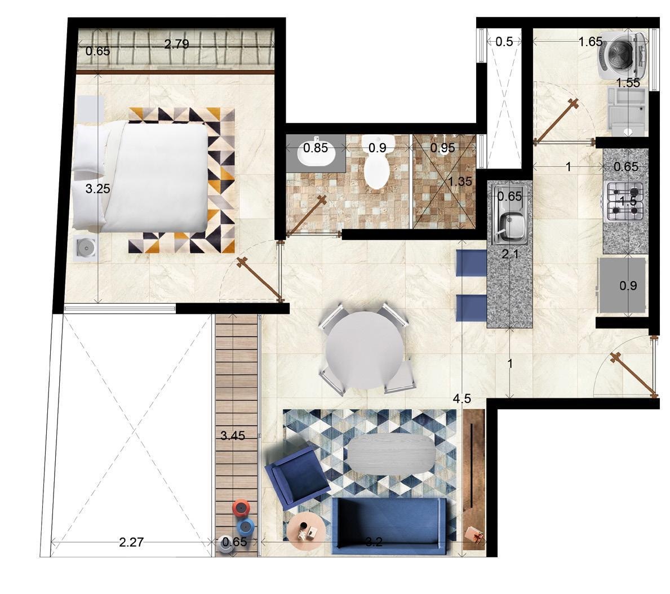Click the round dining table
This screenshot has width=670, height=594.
point(365,350)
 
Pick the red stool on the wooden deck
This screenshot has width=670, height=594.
point(241,508)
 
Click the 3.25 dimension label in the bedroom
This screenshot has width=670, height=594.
point(98,188)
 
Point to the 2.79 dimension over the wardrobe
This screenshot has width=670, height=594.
point(176,43)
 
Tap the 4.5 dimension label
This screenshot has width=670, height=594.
point(462,398)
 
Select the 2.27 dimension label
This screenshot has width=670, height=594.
point(131,542)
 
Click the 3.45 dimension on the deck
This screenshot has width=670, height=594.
point(233,436)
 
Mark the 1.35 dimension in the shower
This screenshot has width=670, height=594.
point(460,181)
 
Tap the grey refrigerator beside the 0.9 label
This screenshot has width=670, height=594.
point(622,285)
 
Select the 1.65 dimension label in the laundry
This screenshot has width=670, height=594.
point(591,42)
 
